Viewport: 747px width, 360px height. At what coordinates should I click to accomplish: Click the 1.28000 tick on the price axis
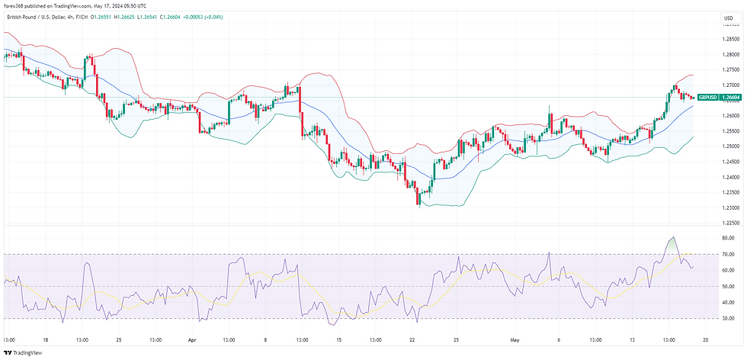(729, 54)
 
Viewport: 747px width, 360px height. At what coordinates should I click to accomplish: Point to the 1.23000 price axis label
(729, 207)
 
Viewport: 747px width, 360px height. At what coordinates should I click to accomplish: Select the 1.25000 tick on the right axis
(729, 146)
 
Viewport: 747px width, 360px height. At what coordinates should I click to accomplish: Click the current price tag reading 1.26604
(731, 98)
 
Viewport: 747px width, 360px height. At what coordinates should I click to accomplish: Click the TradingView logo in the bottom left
(24, 352)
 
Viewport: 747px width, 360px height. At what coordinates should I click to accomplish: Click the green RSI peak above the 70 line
(671, 239)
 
